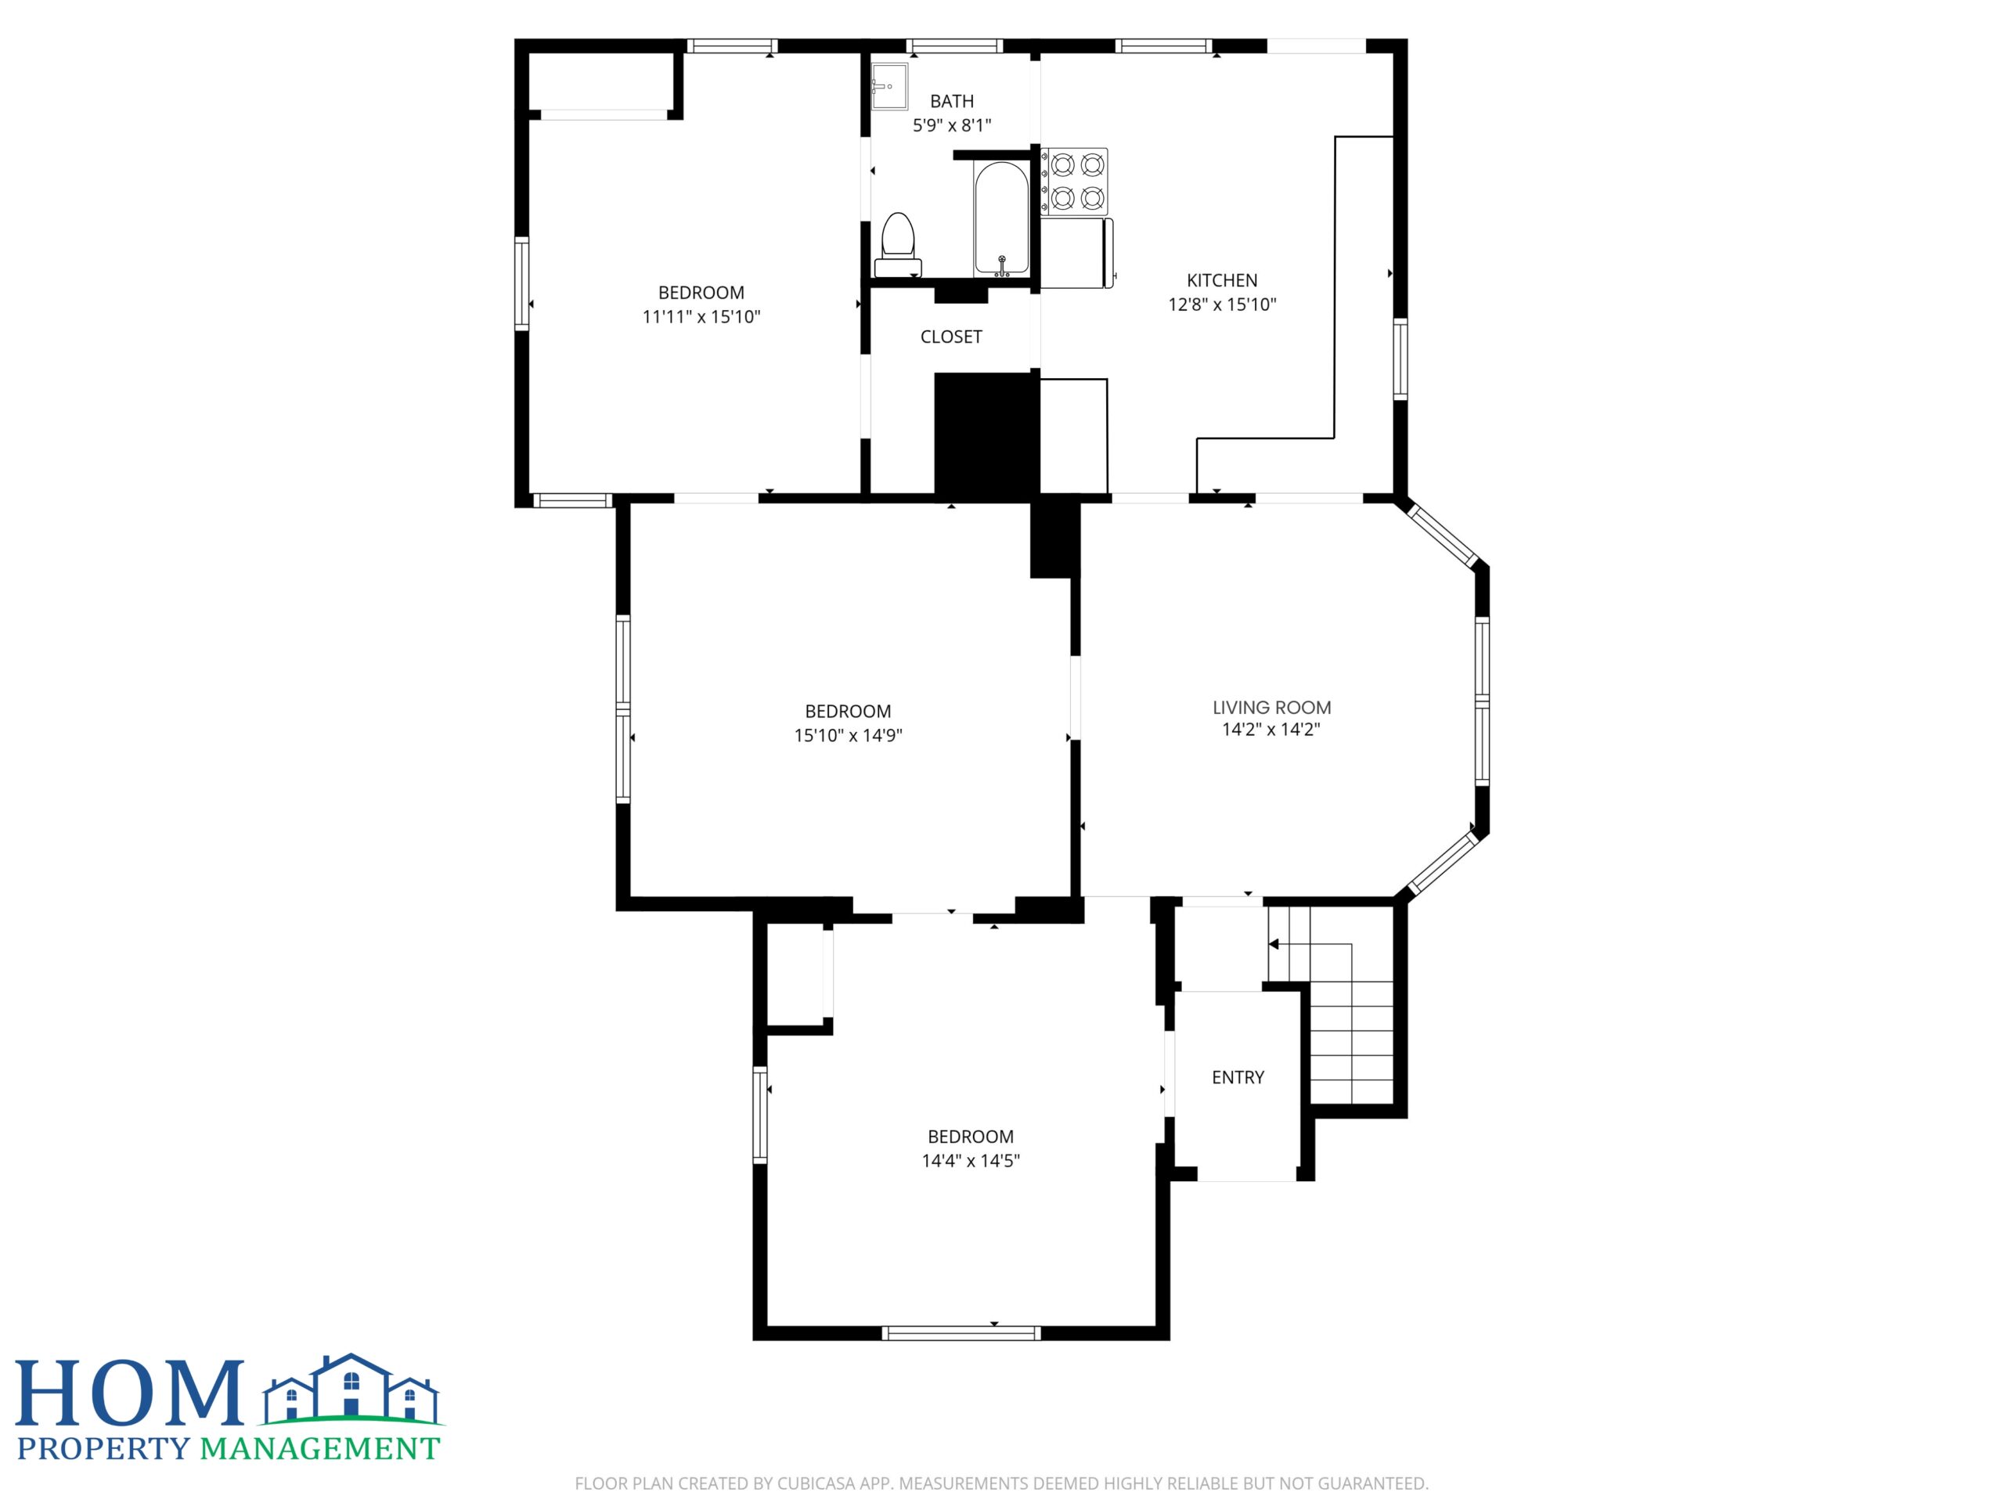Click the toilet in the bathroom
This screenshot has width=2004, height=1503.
(897, 244)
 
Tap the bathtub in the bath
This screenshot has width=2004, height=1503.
(1001, 218)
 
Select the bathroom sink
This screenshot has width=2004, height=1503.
(888, 86)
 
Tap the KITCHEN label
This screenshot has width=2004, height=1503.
(1222, 281)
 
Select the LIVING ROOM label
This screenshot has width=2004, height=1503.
(1271, 708)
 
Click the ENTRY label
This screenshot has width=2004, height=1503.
(1238, 1077)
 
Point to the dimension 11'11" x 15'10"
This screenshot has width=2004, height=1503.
(701, 317)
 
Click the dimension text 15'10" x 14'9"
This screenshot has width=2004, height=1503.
(848, 736)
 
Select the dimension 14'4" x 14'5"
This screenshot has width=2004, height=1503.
(970, 1161)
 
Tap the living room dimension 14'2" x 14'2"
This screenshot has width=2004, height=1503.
(1271, 730)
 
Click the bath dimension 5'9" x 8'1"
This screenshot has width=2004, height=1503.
(951, 126)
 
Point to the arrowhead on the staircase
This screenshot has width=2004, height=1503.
(1273, 944)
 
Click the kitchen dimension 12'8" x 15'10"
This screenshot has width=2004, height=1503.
(1222, 305)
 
